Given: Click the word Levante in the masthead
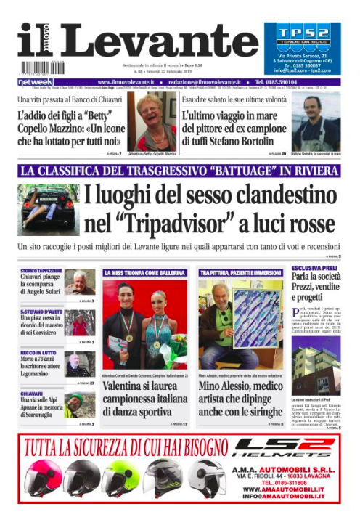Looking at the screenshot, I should coord(157,44).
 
